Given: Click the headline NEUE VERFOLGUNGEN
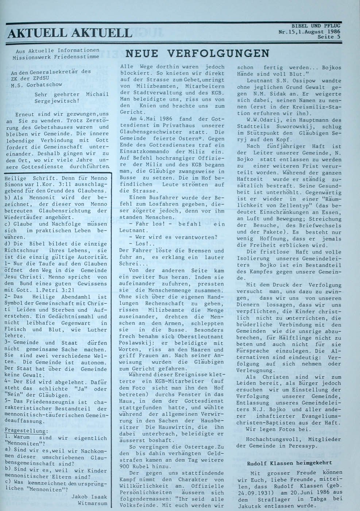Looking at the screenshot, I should click(197, 54).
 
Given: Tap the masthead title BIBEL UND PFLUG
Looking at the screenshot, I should click(316, 26).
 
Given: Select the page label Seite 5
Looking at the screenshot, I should click(329, 37).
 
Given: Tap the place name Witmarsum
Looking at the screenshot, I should click(93, 503).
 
